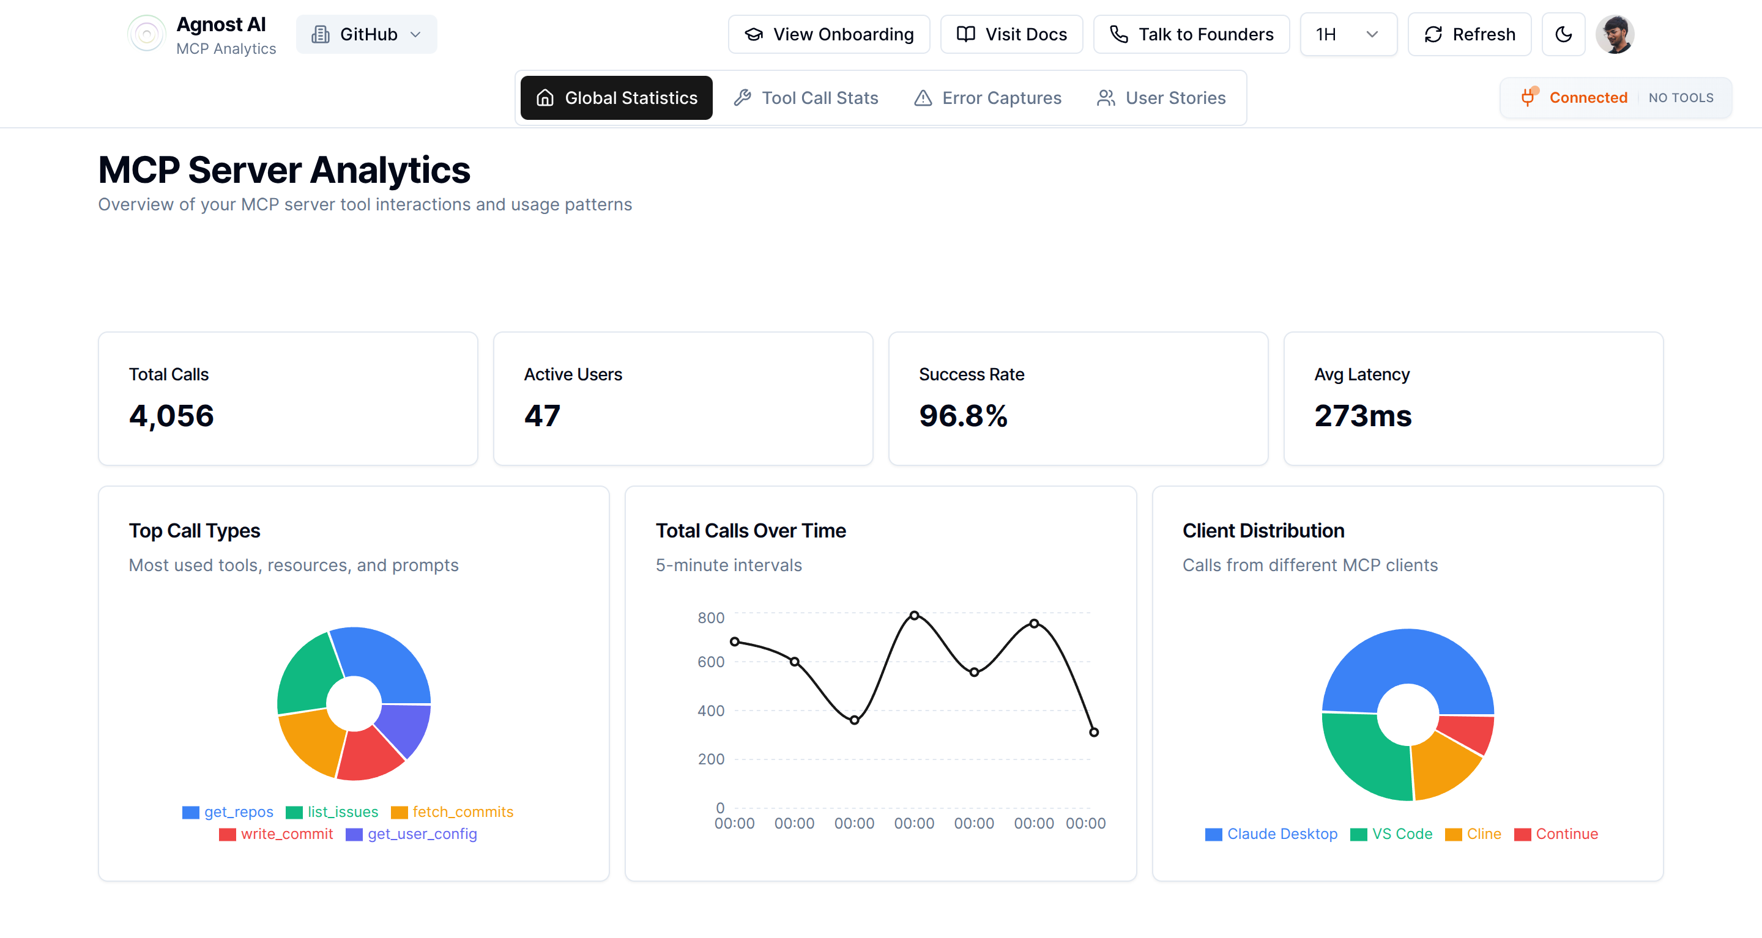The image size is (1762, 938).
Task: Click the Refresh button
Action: pos(1468,34)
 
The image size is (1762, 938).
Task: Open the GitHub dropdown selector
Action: pos(366,34)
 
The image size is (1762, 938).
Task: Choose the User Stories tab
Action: pos(1161,98)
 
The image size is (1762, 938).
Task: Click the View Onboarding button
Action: pos(828,34)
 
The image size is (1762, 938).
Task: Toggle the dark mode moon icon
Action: pos(1563,34)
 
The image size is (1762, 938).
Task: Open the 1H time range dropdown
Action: pos(1347,34)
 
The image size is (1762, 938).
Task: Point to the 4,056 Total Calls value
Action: pos(171,416)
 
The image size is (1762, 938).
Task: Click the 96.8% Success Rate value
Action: pos(962,416)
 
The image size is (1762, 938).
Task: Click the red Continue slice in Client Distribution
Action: pos(1469,734)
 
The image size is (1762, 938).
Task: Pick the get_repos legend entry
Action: pos(228,811)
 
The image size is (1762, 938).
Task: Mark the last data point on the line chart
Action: pos(1094,732)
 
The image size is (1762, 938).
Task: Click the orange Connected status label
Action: pos(1588,98)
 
